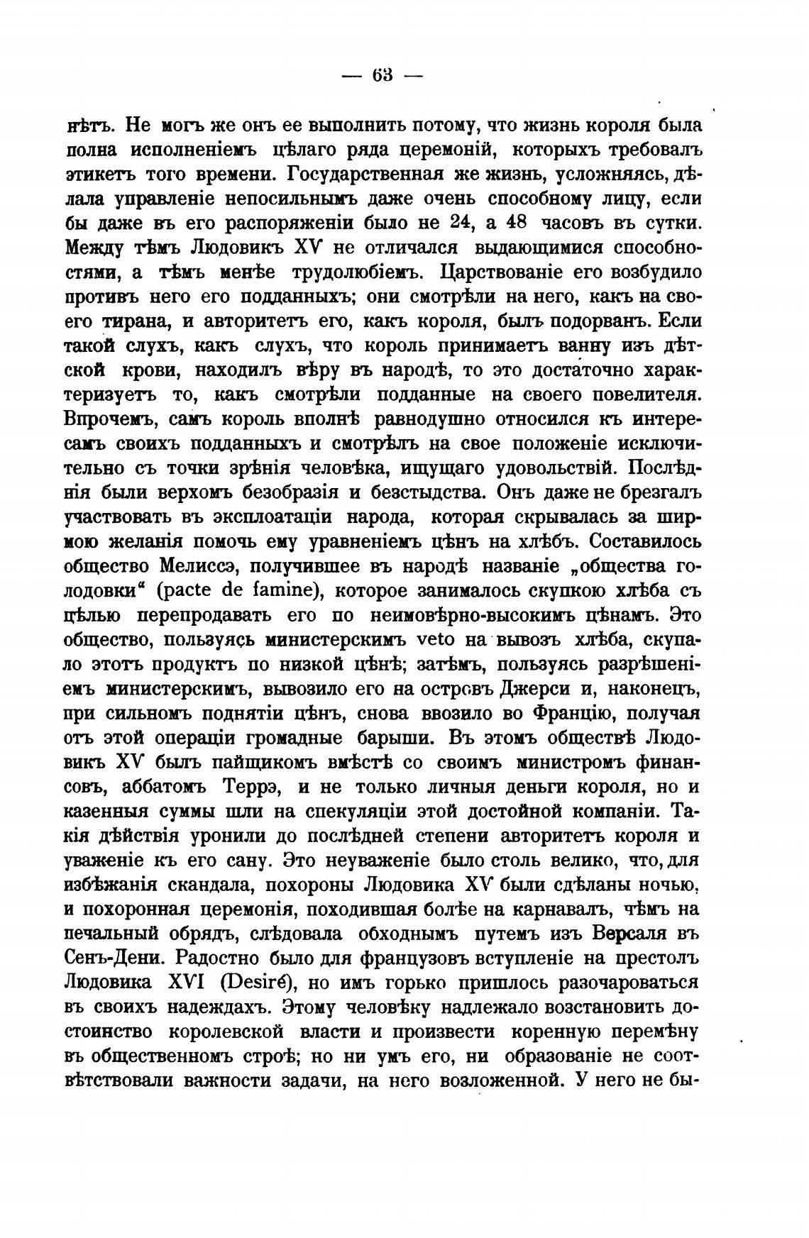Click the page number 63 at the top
[x=382, y=74]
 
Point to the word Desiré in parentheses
[x=259, y=983]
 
